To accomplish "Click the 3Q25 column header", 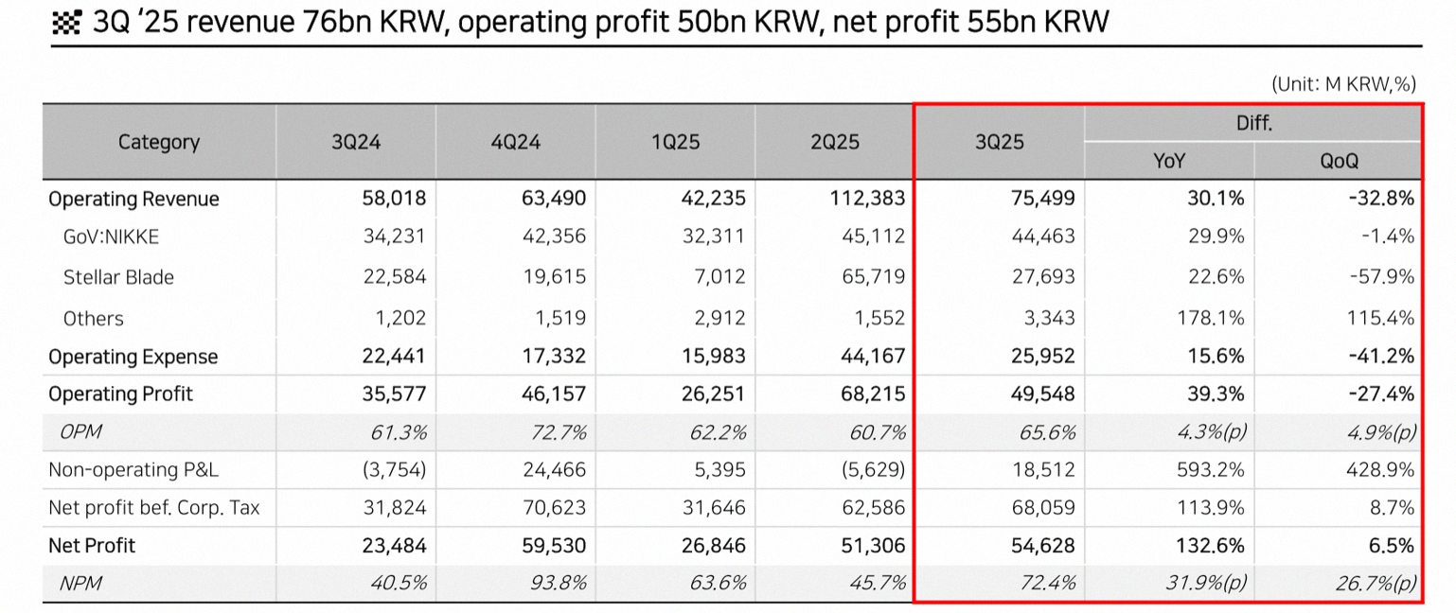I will click(x=999, y=142).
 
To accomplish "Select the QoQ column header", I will click(x=1339, y=161).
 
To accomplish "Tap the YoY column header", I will click(x=1169, y=161).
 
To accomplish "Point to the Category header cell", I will click(x=159, y=142).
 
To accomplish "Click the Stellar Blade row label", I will click(x=118, y=277).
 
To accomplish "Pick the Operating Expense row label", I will click(x=133, y=357).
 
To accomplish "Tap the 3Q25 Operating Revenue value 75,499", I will click(x=1039, y=199).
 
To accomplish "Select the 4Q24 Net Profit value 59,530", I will click(x=553, y=546).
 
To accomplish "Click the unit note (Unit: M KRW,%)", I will click(x=1342, y=83).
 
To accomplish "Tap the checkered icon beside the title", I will click(x=68, y=23).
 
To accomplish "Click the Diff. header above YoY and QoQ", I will click(x=1253, y=123).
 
